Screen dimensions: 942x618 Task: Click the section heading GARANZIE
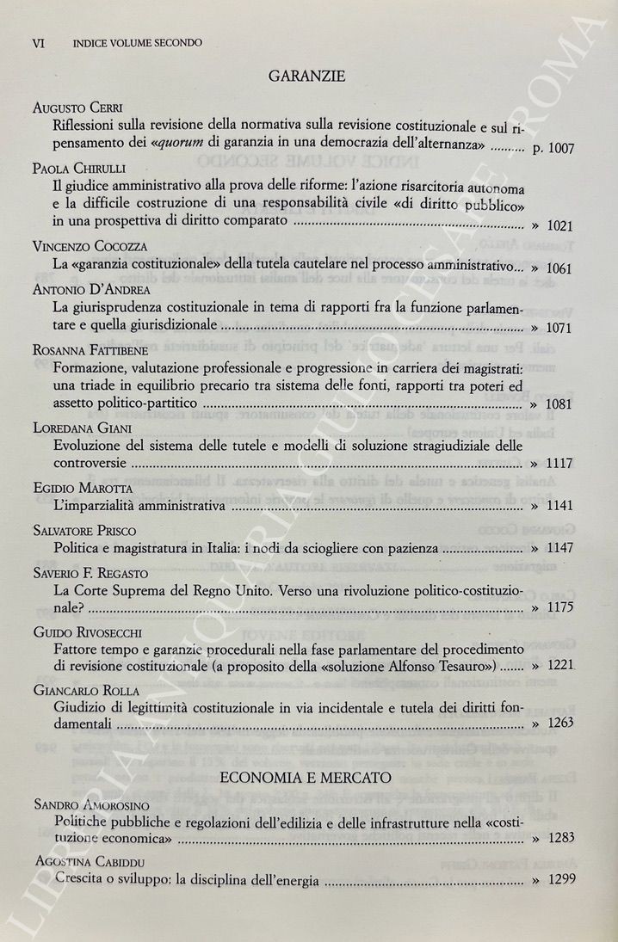(307, 77)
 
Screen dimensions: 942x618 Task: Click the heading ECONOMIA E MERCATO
(306, 778)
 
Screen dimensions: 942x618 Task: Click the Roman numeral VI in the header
(38, 43)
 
